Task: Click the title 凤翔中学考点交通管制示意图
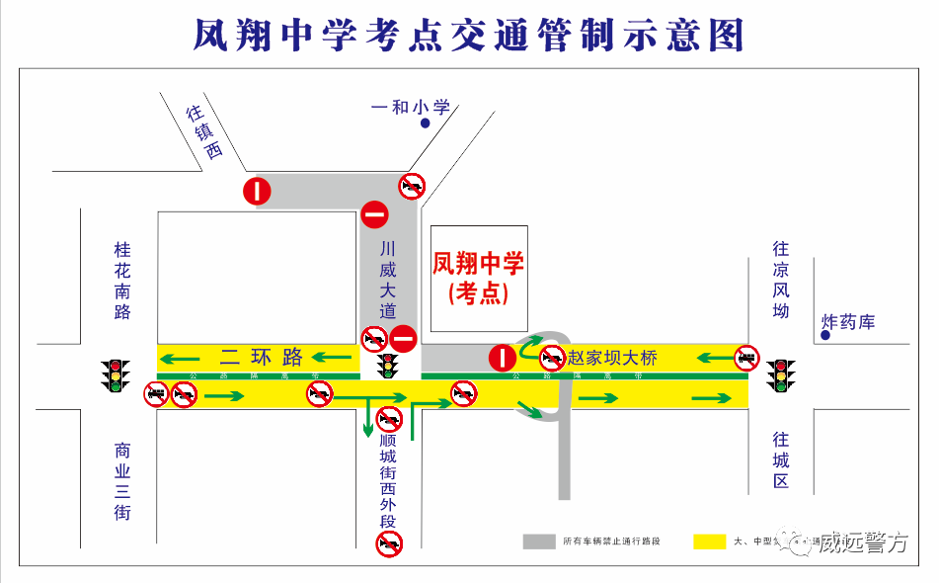(468, 35)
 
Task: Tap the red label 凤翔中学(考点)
(478, 277)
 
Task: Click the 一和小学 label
(410, 107)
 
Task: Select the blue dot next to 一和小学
(425, 124)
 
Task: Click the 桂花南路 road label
(122, 281)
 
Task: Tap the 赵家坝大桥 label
(612, 358)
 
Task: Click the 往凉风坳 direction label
(781, 280)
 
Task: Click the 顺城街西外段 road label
(388, 479)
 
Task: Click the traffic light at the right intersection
(783, 375)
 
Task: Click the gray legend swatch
(539, 541)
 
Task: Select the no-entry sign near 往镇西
(257, 191)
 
